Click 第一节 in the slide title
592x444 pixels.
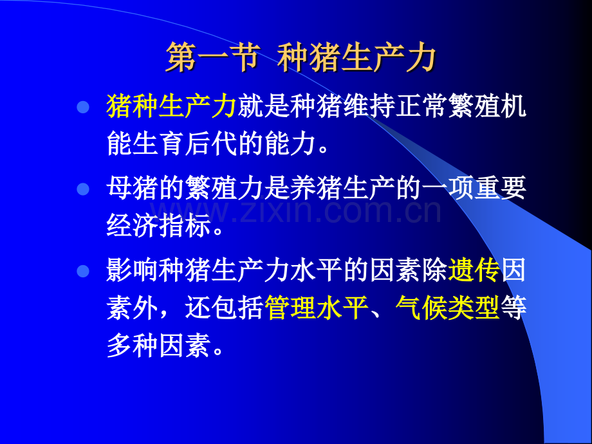pyautogui.click(x=213, y=57)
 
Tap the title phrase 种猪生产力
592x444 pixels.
pyautogui.click(x=356, y=57)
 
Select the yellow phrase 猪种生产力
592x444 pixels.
pyautogui.click(x=172, y=106)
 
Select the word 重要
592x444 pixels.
pyautogui.click(x=500, y=188)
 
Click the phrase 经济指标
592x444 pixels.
pyautogui.click(x=159, y=225)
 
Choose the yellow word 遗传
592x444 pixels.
pyautogui.click(x=474, y=270)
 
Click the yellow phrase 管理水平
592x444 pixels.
pyautogui.click(x=317, y=308)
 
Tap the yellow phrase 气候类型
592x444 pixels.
pyautogui.click(x=448, y=308)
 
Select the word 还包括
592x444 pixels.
pyautogui.click(x=225, y=308)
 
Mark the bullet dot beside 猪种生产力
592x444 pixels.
pyautogui.click(x=83, y=107)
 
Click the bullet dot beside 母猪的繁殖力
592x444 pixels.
pyautogui.click(x=83, y=189)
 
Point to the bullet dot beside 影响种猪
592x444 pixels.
pyautogui.click(x=83, y=271)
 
